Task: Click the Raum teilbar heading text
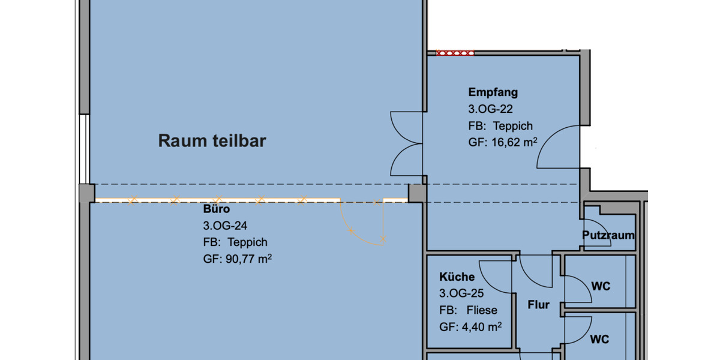[212, 141]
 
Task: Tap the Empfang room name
[493, 92]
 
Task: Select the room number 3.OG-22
[491, 109]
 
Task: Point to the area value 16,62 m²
[514, 142]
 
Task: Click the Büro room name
[217, 209]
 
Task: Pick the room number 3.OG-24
[225, 226]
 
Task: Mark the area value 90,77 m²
[249, 259]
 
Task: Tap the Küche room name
[457, 277]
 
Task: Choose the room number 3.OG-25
[461, 293]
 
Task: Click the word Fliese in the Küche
[482, 310]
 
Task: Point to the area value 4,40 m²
[482, 327]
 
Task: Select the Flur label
[538, 305]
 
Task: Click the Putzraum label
[608, 235]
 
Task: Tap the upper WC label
[601, 286]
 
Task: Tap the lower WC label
[599, 339]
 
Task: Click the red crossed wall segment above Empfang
[455, 53]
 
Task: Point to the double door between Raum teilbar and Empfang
[407, 143]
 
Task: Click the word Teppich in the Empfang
[512, 126]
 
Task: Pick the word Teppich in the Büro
[247, 242]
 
